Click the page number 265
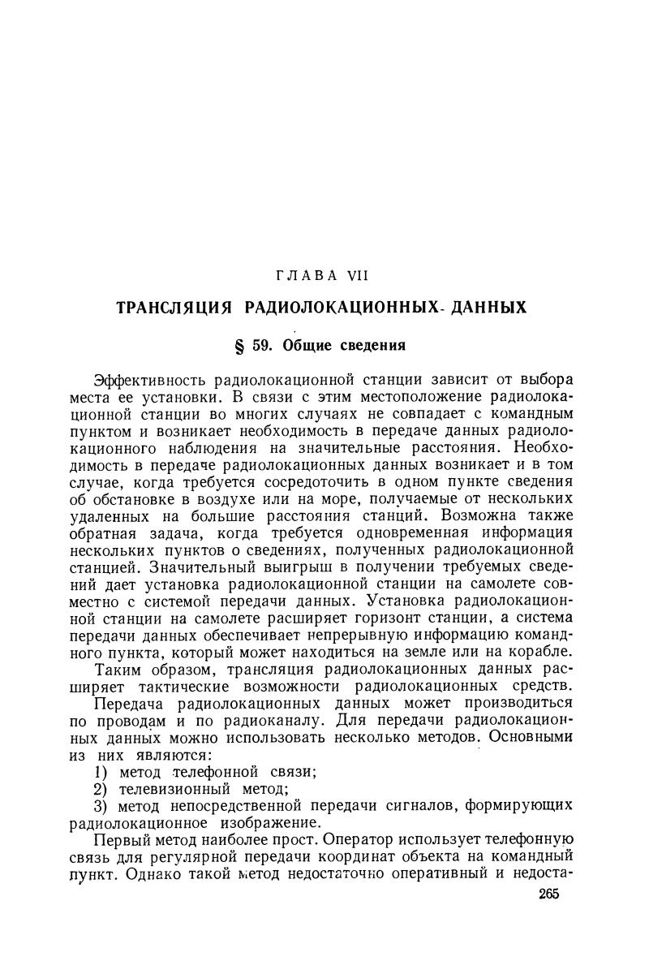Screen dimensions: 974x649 (548, 893)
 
